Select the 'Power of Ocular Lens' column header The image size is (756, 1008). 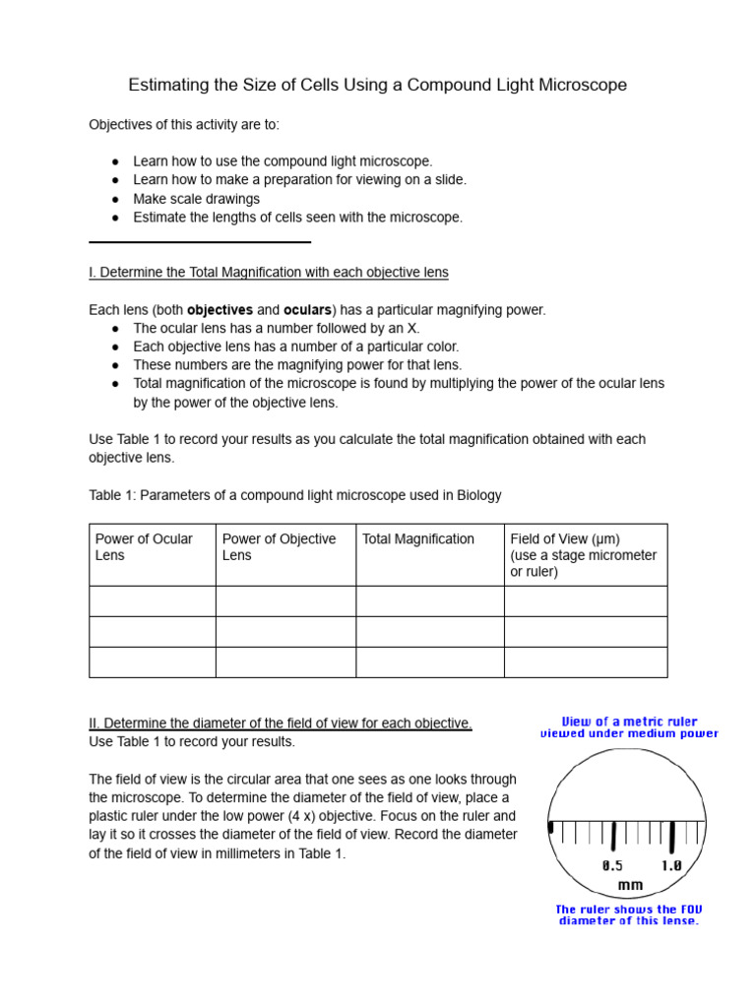[144, 547]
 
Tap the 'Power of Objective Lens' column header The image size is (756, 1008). [279, 547]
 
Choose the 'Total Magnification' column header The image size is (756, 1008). [418, 539]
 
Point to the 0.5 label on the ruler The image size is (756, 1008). [612, 866]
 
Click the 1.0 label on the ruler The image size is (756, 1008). [671, 866]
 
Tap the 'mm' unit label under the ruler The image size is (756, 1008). [630, 885]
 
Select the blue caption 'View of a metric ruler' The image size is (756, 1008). [629, 722]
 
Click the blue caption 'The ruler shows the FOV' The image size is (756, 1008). [629, 910]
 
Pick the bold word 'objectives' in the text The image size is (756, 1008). [220, 310]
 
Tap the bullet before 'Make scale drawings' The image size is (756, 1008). [115, 199]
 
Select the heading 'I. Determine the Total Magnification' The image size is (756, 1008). [269, 272]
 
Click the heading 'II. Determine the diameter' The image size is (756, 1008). [281, 724]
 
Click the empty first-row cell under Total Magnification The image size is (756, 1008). [429, 601]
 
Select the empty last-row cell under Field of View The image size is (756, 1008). [585, 662]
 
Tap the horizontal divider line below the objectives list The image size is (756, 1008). [200, 241]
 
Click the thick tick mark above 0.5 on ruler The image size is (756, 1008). [613, 837]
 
